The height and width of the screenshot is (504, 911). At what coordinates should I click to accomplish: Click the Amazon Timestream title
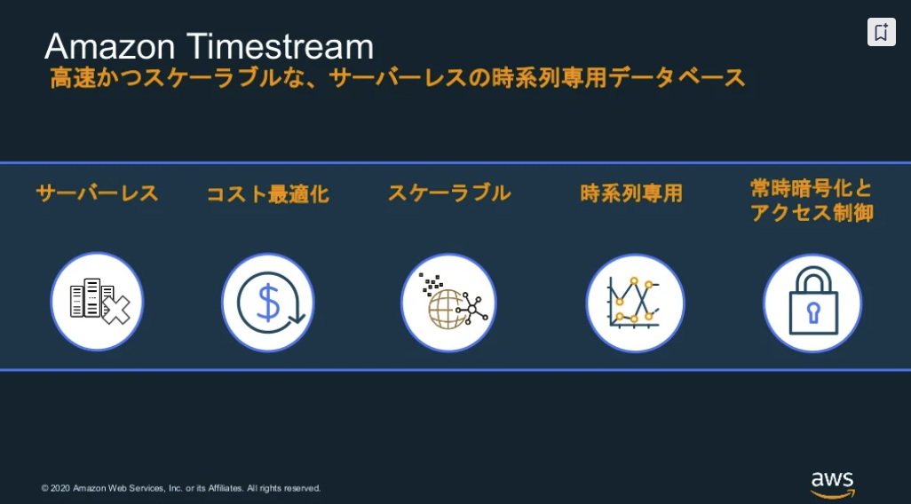point(210,46)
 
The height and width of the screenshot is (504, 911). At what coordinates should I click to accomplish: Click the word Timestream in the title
point(280,46)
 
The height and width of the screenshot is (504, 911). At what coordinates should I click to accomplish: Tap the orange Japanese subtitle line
point(398,78)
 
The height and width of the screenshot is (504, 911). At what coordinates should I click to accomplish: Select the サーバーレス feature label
point(97,193)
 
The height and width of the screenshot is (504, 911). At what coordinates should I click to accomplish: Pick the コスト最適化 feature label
point(268,194)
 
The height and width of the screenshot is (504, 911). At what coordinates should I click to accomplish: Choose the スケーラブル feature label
point(449,193)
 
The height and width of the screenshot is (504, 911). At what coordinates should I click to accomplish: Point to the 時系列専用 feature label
point(631,193)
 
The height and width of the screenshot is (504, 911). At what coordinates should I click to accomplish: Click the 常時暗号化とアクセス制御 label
point(812,201)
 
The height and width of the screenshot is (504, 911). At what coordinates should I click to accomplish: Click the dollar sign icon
point(268,303)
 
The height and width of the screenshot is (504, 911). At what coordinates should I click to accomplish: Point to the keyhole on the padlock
point(812,312)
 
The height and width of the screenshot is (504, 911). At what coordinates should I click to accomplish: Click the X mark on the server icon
point(116,310)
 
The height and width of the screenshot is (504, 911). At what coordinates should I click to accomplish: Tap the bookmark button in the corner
point(882,32)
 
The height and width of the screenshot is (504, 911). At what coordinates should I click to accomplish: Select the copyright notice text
point(180,488)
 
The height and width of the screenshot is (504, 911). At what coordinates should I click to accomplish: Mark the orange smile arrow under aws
point(833,494)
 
